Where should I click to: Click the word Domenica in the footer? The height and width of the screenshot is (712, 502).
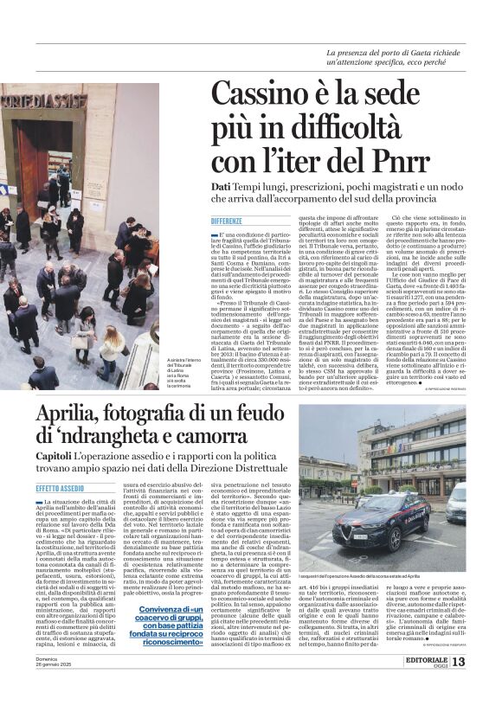(x=48, y=683)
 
